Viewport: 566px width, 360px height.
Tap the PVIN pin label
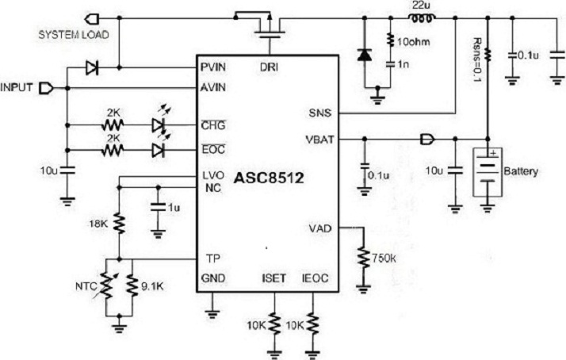point(212,68)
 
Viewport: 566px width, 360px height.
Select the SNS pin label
point(320,113)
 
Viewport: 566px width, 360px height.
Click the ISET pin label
point(273,278)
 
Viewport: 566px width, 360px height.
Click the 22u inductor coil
point(419,18)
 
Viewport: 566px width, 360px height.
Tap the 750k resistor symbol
point(364,259)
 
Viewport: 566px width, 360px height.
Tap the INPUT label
point(17,86)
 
